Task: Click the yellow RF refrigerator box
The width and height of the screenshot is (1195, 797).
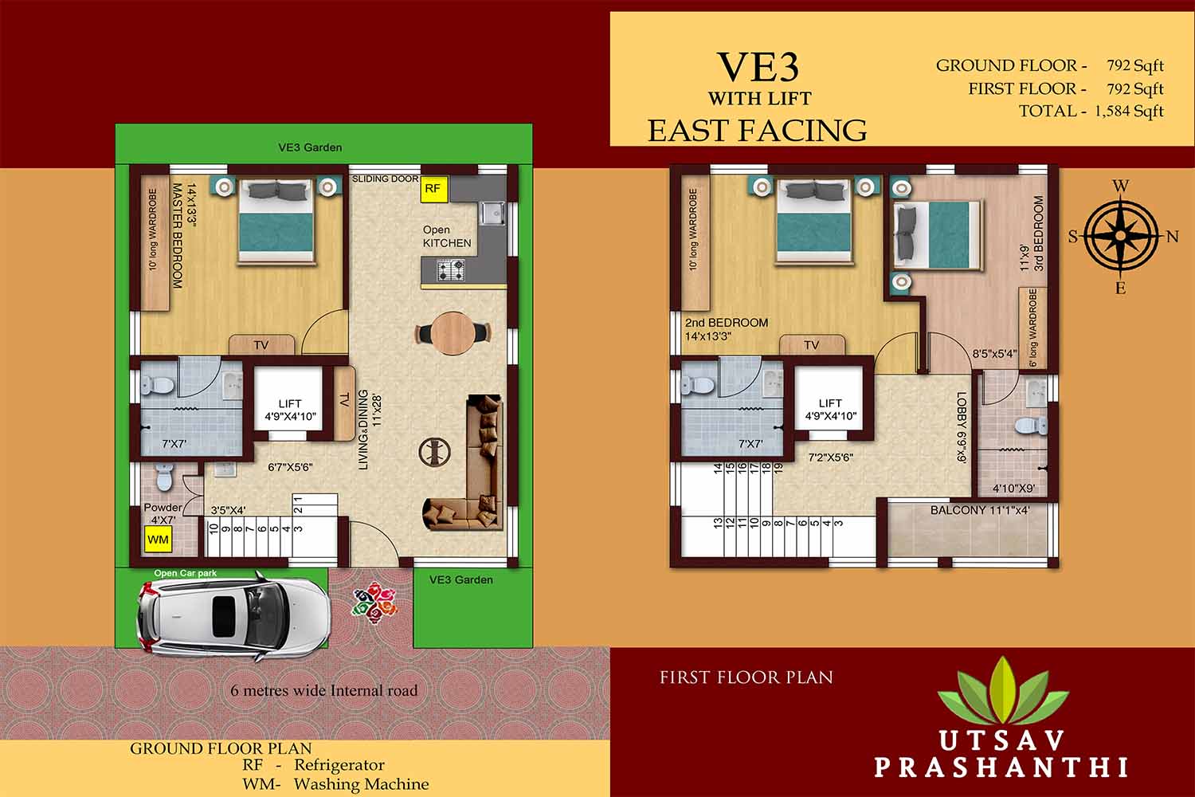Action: point(433,189)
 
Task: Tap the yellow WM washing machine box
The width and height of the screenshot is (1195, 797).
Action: point(159,540)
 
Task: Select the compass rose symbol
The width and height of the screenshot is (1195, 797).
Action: point(1120,235)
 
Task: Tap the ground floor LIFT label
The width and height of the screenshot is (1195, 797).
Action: point(290,404)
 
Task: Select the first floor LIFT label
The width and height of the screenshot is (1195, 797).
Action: point(830,403)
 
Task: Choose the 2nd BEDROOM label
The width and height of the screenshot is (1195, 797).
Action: point(727,323)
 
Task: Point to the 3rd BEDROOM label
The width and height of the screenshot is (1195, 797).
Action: point(1039,234)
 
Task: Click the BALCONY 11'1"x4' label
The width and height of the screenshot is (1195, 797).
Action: point(980,510)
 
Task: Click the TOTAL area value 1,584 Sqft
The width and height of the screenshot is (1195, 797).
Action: point(1130,112)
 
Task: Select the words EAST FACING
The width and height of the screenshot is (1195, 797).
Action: point(757,130)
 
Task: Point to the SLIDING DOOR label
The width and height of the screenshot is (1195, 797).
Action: point(386,179)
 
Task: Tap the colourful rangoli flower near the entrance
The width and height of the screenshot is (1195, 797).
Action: point(374,602)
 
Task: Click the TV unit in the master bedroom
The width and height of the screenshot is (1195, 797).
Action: point(261,345)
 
